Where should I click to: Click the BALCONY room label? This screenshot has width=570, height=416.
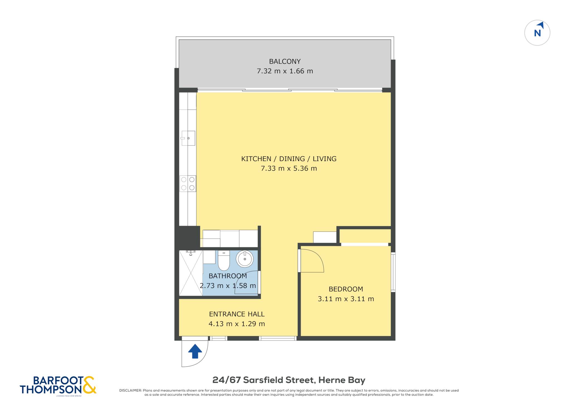pyautogui.click(x=285, y=61)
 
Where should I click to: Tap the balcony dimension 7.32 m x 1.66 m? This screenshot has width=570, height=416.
pyautogui.click(x=285, y=71)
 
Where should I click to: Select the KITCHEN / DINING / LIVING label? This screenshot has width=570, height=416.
pyautogui.click(x=289, y=159)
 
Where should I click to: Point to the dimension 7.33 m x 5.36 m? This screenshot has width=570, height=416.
pyautogui.click(x=289, y=168)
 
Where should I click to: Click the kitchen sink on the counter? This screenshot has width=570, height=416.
pyautogui.click(x=188, y=138)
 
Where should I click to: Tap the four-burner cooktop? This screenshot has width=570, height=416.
pyautogui.click(x=188, y=183)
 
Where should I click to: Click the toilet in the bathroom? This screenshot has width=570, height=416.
pyautogui.click(x=223, y=260)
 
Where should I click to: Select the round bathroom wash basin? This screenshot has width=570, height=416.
pyautogui.click(x=245, y=259)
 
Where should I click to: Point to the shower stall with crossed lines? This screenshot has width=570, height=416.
pyautogui.click(x=191, y=273)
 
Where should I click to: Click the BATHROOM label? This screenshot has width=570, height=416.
pyautogui.click(x=228, y=276)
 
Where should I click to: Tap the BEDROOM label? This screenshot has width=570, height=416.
pyautogui.click(x=346, y=289)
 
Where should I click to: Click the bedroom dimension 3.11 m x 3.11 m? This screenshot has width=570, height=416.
pyautogui.click(x=346, y=299)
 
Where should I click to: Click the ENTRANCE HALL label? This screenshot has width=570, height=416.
pyautogui.click(x=237, y=314)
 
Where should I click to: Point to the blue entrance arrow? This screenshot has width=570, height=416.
pyautogui.click(x=195, y=351)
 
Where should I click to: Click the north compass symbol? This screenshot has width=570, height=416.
pyautogui.click(x=537, y=33)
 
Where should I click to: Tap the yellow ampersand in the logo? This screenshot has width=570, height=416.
pyautogui.click(x=89, y=385)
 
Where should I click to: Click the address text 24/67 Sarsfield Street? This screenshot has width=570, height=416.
pyautogui.click(x=264, y=380)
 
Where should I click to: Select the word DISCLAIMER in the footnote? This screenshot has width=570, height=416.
pyautogui.click(x=130, y=390)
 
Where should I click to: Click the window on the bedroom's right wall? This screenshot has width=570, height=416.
pyautogui.click(x=393, y=272)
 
